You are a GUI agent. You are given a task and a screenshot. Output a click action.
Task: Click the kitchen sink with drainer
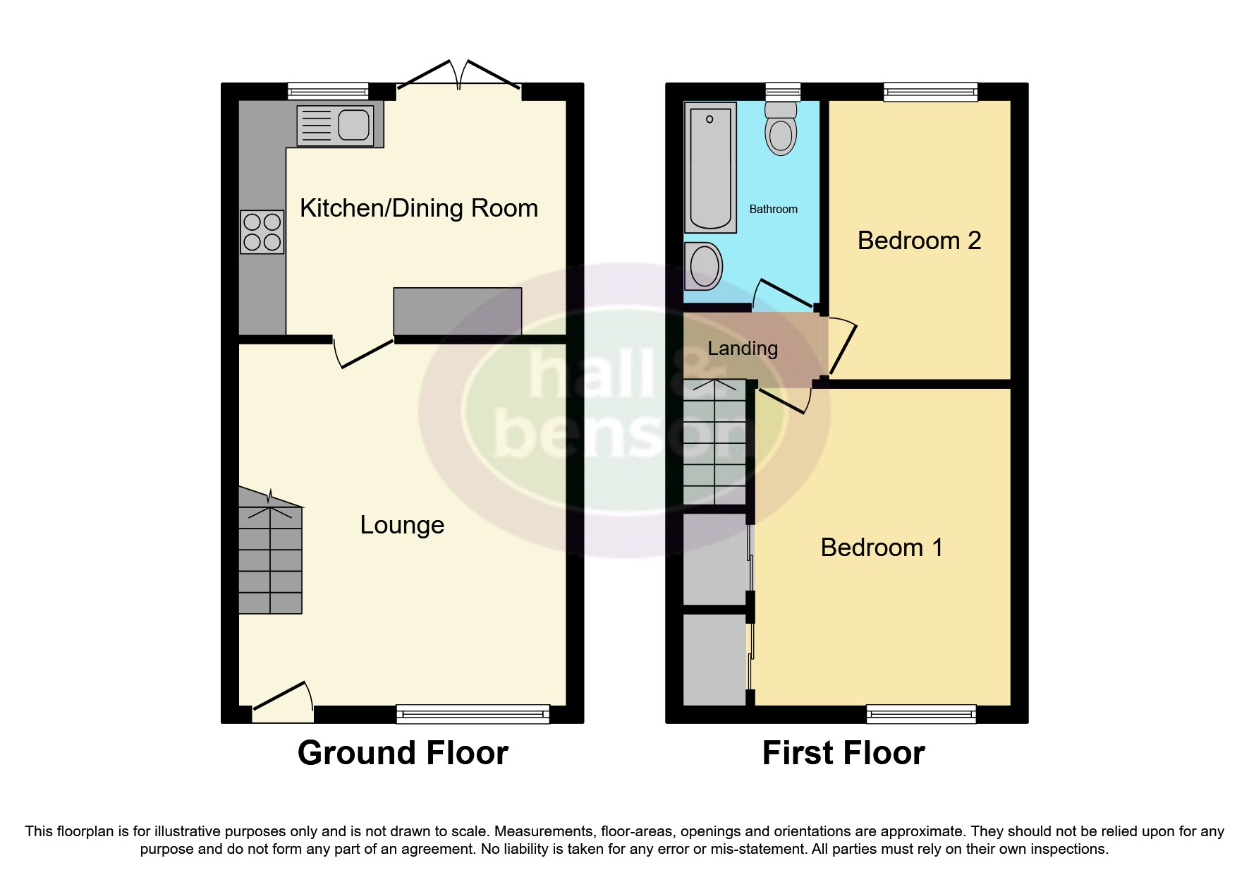pos(335,126)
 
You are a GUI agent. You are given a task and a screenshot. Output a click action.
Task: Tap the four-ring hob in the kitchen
pos(262,232)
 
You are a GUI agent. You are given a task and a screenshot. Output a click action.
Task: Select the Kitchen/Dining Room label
pos(418,208)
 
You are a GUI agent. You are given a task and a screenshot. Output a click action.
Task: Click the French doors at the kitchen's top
pos(459,77)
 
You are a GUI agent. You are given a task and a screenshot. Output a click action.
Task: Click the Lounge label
pos(402,525)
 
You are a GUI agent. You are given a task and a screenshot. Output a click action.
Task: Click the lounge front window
pos(473,714)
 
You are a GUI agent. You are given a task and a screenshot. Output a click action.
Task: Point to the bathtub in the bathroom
pos(710,167)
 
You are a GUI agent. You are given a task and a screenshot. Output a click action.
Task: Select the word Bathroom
pos(773,210)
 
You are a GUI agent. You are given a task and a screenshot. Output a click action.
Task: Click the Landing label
pos(743,349)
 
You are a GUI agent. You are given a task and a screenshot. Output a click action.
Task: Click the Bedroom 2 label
pos(919,241)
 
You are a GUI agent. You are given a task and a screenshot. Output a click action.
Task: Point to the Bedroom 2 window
pos(931,91)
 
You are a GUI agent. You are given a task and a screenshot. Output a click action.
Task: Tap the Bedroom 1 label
pos(882,548)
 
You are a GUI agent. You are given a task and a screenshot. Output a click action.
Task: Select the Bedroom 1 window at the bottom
pos(921,714)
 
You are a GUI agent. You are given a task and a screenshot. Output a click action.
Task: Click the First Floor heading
pos(843,753)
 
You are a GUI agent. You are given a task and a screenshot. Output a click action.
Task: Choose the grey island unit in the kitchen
pos(457,311)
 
